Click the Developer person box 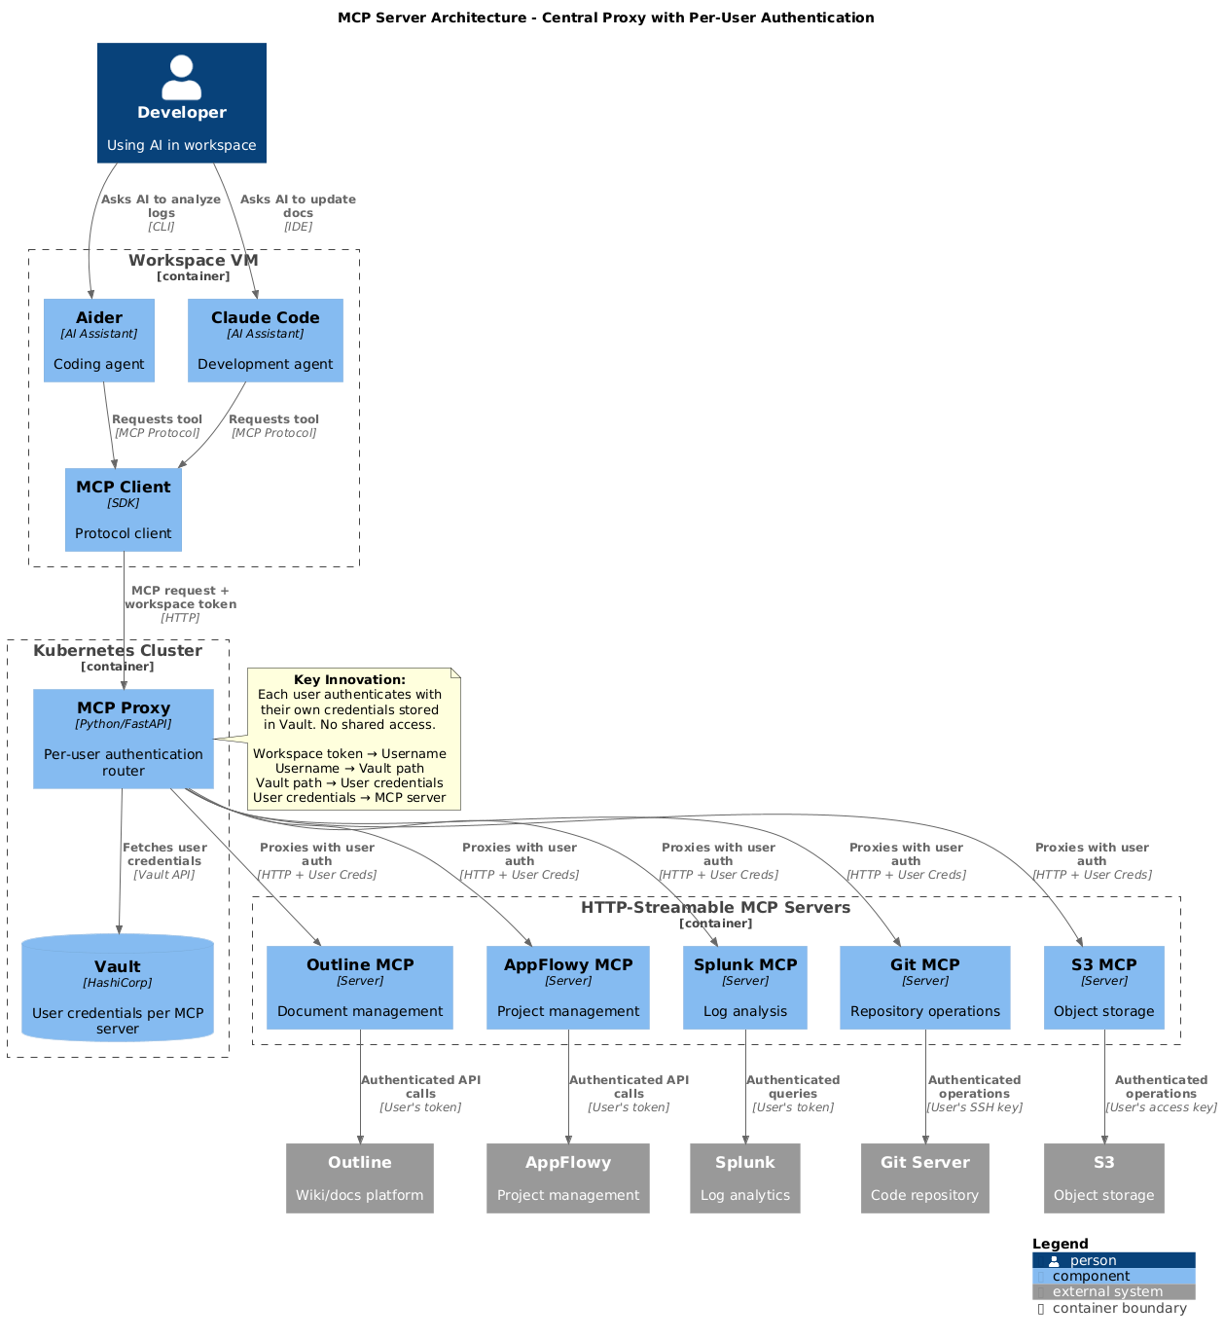click(182, 102)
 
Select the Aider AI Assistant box click(99, 340)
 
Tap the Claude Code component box click(266, 340)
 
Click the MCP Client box click(124, 509)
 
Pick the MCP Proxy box click(124, 739)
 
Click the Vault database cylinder click(118, 988)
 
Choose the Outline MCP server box click(360, 987)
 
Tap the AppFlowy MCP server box click(568, 987)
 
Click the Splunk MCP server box click(745, 987)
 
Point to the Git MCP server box click(925, 987)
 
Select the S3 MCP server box click(1104, 987)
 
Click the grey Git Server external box click(925, 1177)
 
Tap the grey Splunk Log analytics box click(745, 1177)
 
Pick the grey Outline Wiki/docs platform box click(360, 1177)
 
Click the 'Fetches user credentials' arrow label click(164, 860)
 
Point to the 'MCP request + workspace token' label click(180, 603)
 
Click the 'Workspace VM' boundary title click(194, 260)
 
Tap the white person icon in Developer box click(182, 77)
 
